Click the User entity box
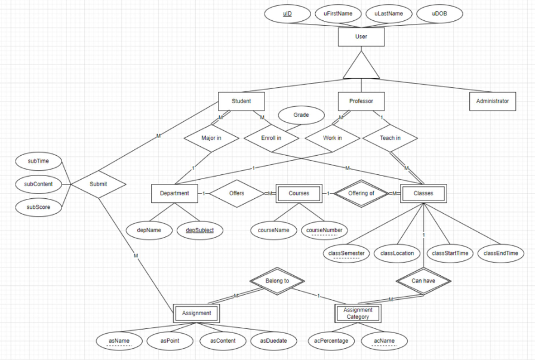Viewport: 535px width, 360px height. coord(361,38)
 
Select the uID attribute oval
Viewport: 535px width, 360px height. coord(287,14)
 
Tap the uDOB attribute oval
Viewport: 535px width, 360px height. coord(439,14)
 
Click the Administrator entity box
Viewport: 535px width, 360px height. coord(492,101)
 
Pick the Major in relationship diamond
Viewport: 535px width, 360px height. coord(212,137)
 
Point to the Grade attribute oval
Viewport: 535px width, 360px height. coord(300,115)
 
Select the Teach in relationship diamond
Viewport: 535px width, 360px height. coord(390,137)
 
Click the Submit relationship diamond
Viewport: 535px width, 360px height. coord(99,184)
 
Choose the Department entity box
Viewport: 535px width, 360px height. coord(174,193)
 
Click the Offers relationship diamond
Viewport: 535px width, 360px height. coord(236,193)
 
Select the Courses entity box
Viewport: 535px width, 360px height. coord(299,193)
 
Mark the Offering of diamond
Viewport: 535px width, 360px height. coord(361,193)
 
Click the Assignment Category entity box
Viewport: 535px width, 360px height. coord(358,313)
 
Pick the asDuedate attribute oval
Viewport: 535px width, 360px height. coord(277,341)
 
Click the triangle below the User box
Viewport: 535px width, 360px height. coord(361,67)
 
